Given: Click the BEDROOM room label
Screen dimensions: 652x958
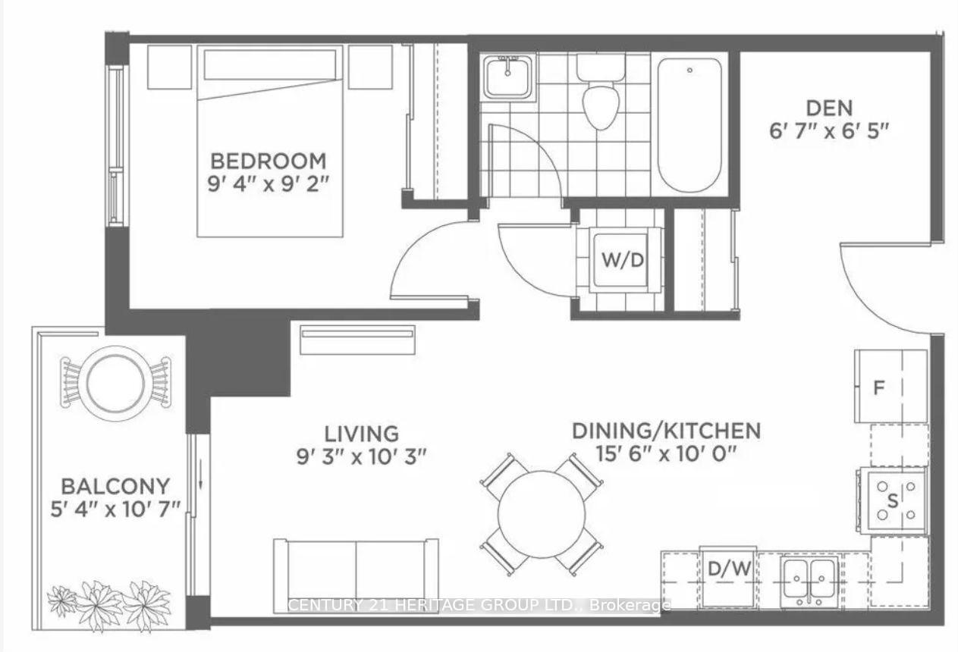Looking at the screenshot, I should tap(268, 161).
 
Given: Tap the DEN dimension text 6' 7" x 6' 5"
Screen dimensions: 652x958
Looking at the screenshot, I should tap(828, 131).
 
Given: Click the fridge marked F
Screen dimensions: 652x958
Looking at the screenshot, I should tap(890, 387).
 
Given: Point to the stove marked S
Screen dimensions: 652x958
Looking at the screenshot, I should tap(892, 500).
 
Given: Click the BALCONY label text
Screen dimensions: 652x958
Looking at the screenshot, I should tap(116, 485).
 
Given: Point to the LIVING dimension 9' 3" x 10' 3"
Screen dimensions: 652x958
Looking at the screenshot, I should tap(362, 456).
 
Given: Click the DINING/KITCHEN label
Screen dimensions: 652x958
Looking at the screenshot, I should tap(665, 431).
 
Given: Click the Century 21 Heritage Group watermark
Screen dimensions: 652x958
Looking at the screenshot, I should tap(479, 605).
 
